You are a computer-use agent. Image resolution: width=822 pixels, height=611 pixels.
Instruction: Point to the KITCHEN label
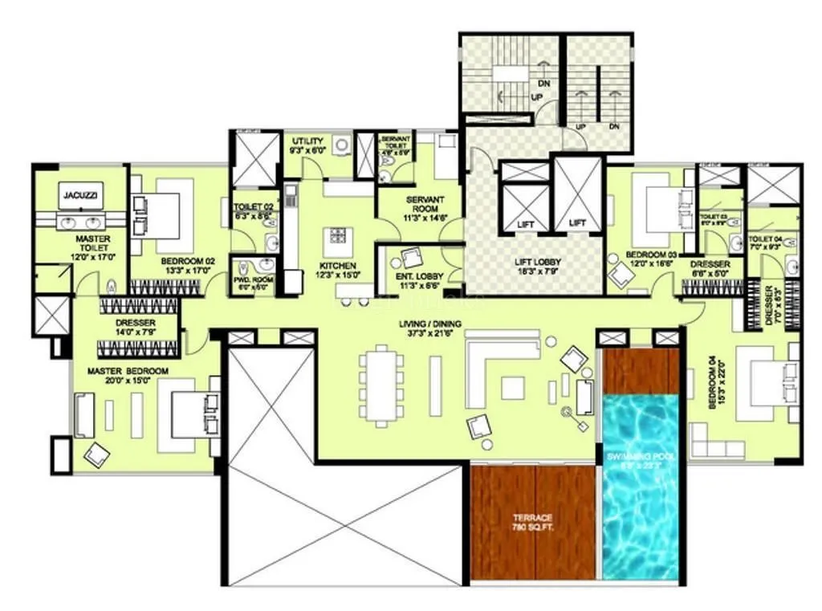pyautogui.click(x=336, y=266)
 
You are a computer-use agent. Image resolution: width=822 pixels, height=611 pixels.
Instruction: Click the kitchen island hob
pyautogui.click(x=336, y=238)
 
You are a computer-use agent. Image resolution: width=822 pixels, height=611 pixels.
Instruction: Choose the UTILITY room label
pyautogui.click(x=307, y=141)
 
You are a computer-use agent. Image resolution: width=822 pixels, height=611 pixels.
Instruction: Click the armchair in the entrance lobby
pyautogui.click(x=413, y=259)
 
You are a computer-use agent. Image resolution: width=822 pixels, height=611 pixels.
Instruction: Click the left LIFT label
pyautogui.click(x=525, y=225)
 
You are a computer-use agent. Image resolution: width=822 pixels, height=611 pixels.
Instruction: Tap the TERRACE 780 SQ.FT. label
pyautogui.click(x=534, y=522)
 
